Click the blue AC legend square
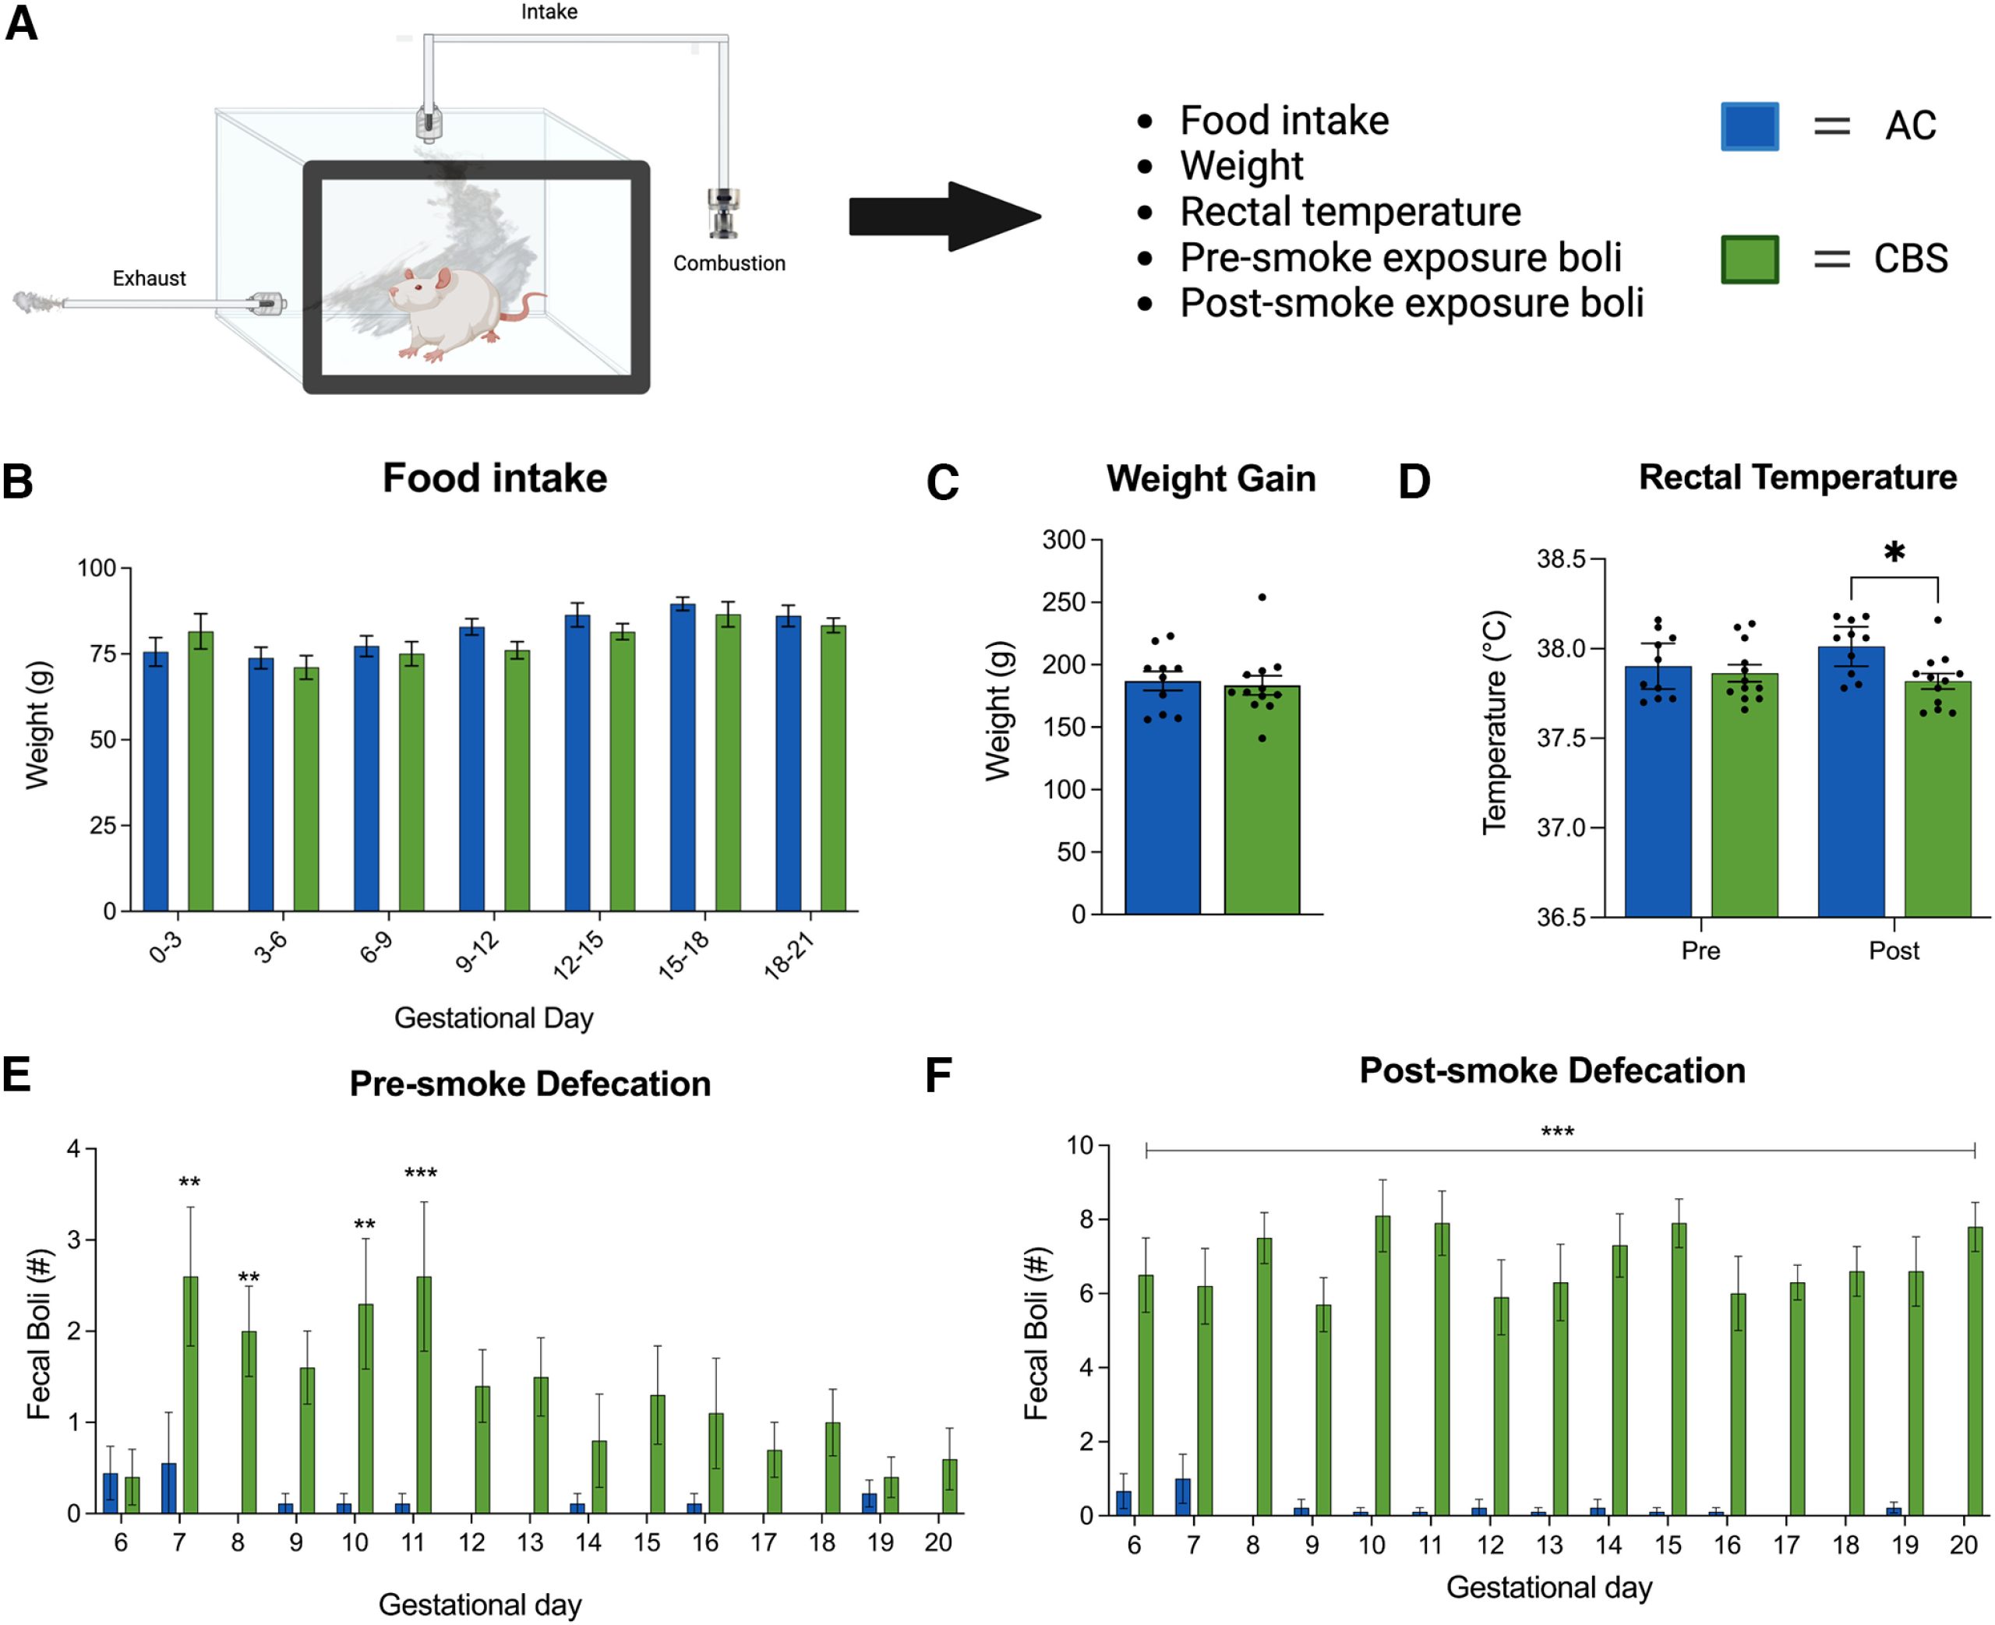pyautogui.click(x=1749, y=126)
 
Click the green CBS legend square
pyautogui.click(x=1749, y=259)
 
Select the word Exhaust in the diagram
pyautogui.click(x=149, y=278)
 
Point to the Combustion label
pyautogui.click(x=729, y=263)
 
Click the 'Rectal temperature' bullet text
pyautogui.click(x=1349, y=212)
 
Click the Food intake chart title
pyautogui.click(x=494, y=478)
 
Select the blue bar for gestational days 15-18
pyautogui.click(x=683, y=758)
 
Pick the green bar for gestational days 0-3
pyautogui.click(x=200, y=771)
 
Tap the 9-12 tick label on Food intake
pyautogui.click(x=478, y=953)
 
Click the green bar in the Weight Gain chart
pyautogui.click(x=1261, y=800)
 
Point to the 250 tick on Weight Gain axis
pyautogui.click(x=1064, y=602)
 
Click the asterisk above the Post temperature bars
pyautogui.click(x=1894, y=553)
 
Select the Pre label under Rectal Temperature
pyautogui.click(x=1700, y=951)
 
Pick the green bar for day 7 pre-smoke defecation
pyautogui.click(x=190, y=1394)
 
